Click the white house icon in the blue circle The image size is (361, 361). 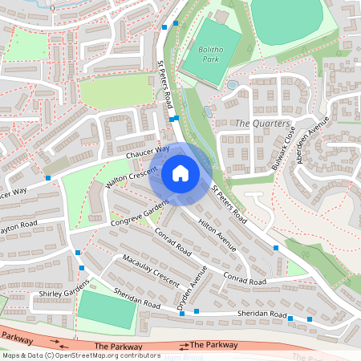tap(180, 172)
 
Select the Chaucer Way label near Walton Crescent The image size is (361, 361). tap(147, 150)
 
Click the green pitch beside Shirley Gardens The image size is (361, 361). tap(106, 309)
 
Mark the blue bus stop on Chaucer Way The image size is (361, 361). tap(48, 178)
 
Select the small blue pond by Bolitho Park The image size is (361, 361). tap(232, 83)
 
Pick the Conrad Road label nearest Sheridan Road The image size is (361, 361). tap(245, 281)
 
